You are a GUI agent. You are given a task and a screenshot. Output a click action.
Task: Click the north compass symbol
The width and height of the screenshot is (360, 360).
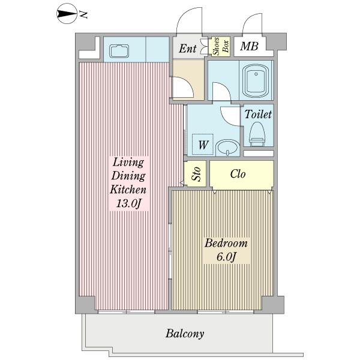[67, 14]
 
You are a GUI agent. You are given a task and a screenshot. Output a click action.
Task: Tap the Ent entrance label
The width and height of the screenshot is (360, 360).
[188, 49]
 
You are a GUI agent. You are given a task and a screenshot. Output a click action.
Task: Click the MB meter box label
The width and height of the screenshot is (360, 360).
[250, 46]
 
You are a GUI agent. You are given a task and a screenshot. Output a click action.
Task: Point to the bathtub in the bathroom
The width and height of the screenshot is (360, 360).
[256, 80]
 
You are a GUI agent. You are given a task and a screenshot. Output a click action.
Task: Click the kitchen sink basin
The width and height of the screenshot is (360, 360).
[119, 51]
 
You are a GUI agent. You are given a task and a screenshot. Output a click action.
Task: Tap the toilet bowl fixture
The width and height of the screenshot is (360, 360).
[257, 134]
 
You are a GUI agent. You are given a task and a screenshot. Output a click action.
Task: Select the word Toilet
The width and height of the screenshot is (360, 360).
[258, 114]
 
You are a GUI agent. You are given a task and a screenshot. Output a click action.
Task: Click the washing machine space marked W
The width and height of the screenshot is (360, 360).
[203, 145]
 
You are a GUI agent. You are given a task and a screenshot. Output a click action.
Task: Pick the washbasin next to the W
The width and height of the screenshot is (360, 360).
[228, 147]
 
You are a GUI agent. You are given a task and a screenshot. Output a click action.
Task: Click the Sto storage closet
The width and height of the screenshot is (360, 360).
[196, 173]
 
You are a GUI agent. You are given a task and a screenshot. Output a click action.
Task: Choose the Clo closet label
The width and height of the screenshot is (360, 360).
[238, 174]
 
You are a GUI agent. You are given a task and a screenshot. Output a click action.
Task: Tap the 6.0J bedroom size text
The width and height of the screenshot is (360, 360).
[226, 257]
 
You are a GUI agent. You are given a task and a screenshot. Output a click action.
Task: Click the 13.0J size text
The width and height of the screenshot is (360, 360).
[128, 203]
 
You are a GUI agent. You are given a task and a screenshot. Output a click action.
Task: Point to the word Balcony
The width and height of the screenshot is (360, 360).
[185, 334]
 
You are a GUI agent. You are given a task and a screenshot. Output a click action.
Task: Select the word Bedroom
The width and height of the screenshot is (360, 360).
[226, 243]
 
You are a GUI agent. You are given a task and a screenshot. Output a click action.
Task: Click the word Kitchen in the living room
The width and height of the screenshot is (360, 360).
[128, 190]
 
